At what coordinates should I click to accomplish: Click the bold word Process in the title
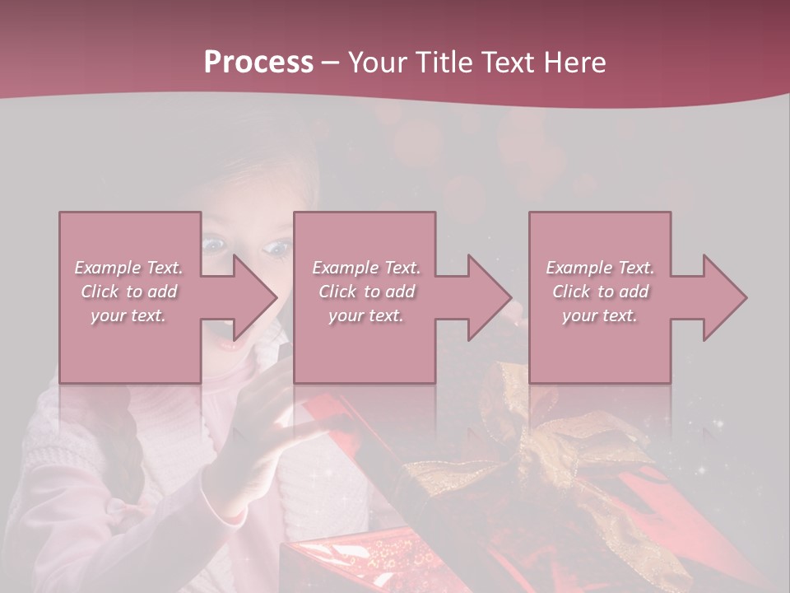pyautogui.click(x=258, y=63)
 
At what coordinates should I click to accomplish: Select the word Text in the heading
pyautogui.click(x=508, y=63)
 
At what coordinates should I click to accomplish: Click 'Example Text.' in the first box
pyautogui.click(x=128, y=268)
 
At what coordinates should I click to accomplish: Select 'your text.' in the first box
pyautogui.click(x=128, y=315)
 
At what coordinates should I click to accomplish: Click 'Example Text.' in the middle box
pyautogui.click(x=366, y=268)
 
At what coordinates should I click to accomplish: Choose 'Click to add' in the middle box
pyautogui.click(x=366, y=292)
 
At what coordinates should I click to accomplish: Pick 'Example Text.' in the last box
pyautogui.click(x=600, y=268)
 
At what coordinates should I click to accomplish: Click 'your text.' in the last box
pyautogui.click(x=600, y=315)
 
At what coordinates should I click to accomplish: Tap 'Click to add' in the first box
pyautogui.click(x=128, y=292)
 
